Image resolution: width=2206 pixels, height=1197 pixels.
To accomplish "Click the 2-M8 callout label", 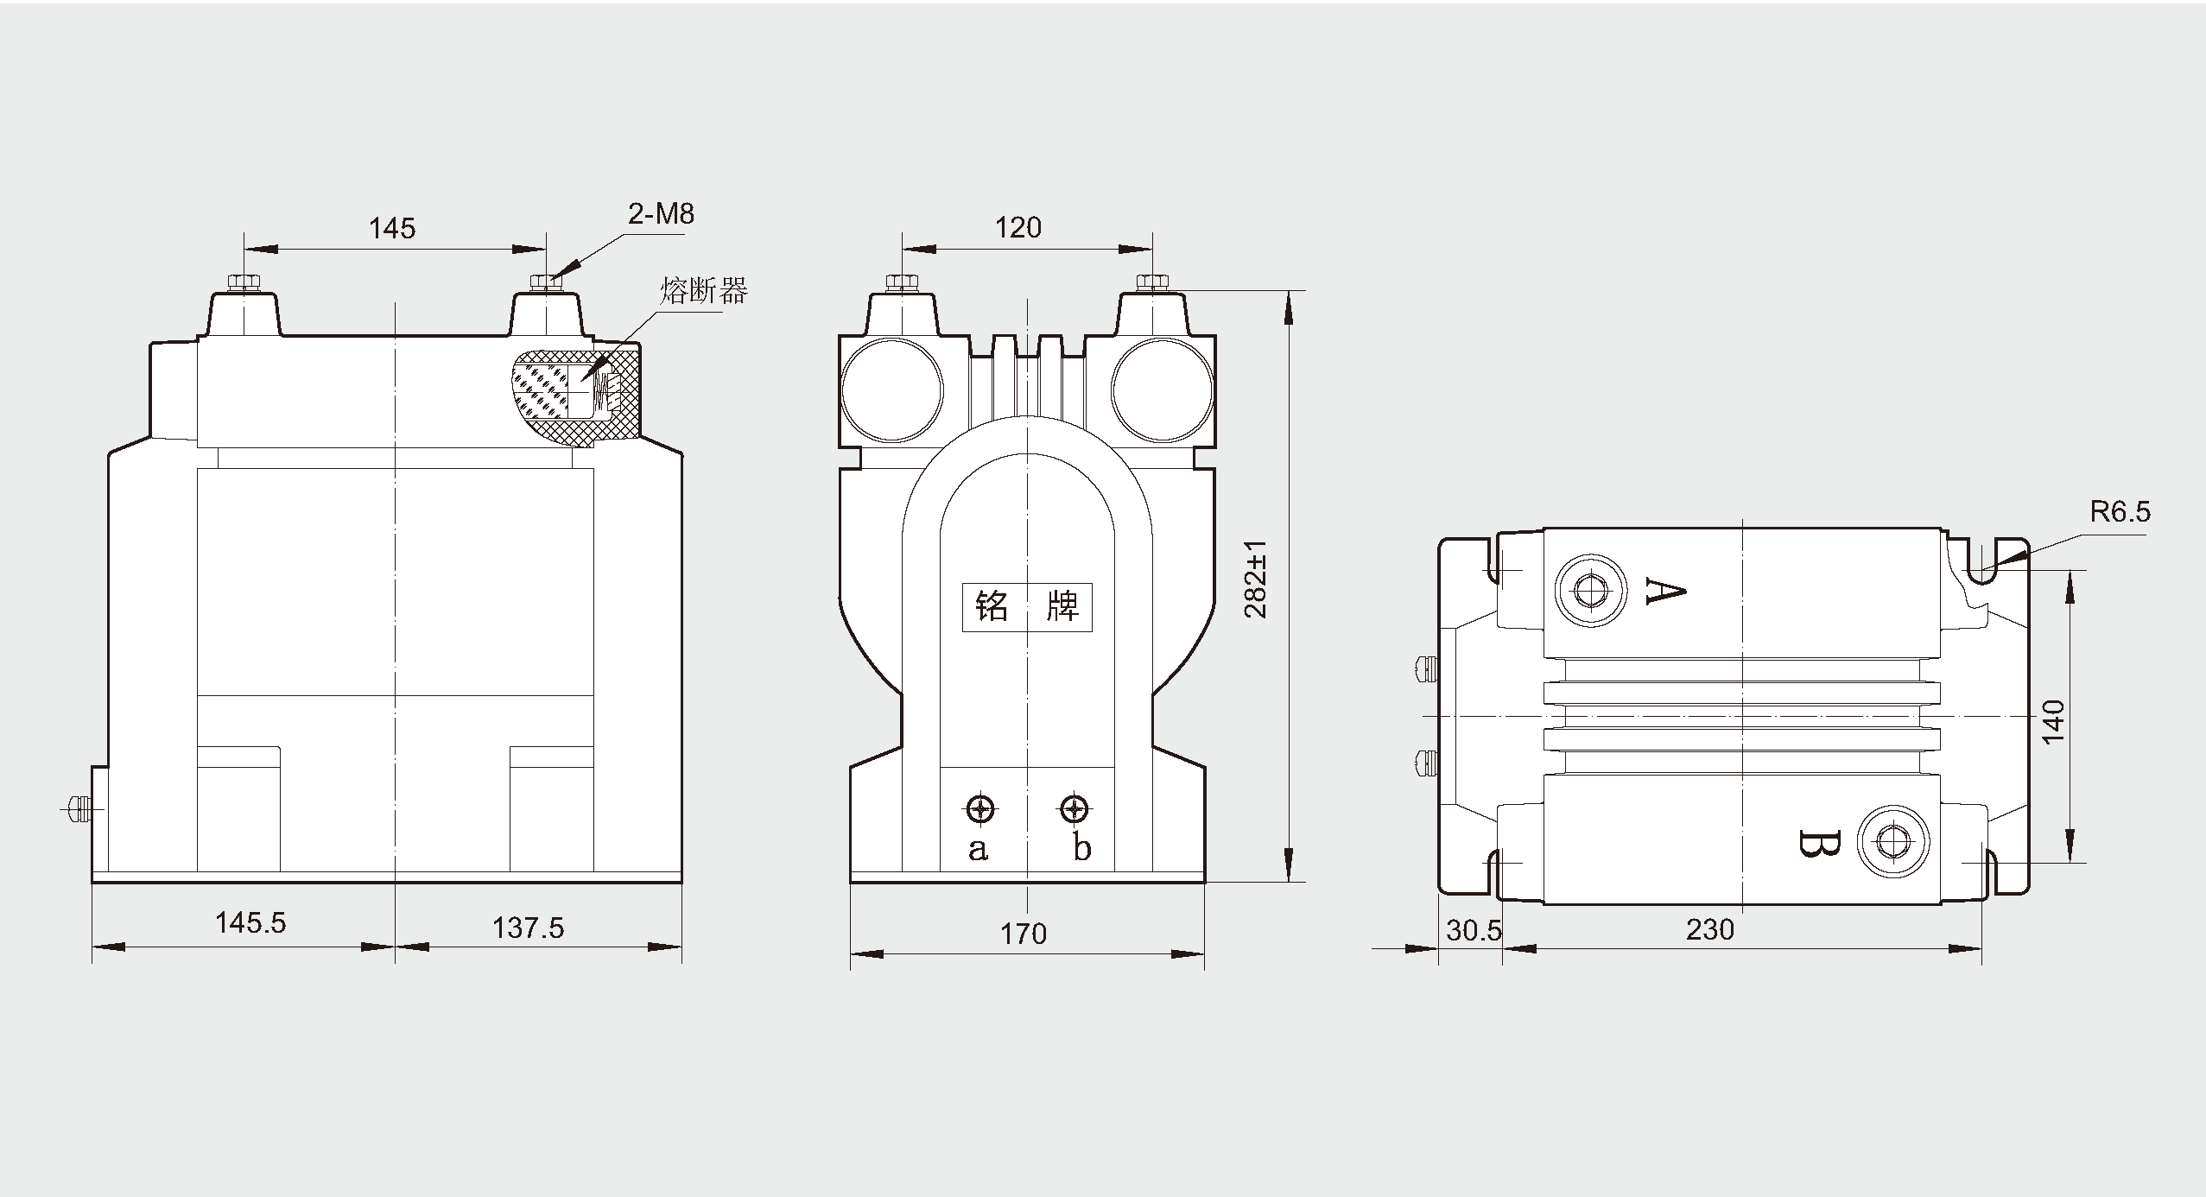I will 661,213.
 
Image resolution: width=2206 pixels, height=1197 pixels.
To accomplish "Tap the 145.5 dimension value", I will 250,922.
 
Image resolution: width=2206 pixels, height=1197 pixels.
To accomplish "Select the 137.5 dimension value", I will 528,928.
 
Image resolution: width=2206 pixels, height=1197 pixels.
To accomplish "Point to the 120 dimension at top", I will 1017,227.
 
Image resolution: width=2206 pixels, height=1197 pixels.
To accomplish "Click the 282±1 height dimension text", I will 1256,579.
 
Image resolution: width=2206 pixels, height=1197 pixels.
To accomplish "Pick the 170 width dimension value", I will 1024,934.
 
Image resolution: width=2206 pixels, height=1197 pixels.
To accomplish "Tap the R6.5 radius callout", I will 2120,512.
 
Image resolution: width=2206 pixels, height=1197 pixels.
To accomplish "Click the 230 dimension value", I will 1709,929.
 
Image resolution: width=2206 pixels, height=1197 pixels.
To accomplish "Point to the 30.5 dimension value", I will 1474,930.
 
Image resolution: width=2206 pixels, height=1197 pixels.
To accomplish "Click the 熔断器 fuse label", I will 704,291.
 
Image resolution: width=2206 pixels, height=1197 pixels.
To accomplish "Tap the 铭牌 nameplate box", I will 1027,607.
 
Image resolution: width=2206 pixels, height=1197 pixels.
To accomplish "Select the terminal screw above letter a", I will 979,809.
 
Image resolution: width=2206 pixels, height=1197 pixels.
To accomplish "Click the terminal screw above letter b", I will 1074,809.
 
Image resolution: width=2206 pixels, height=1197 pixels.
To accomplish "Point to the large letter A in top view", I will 1664,591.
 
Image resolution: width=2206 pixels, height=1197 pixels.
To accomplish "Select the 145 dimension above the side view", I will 392,228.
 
